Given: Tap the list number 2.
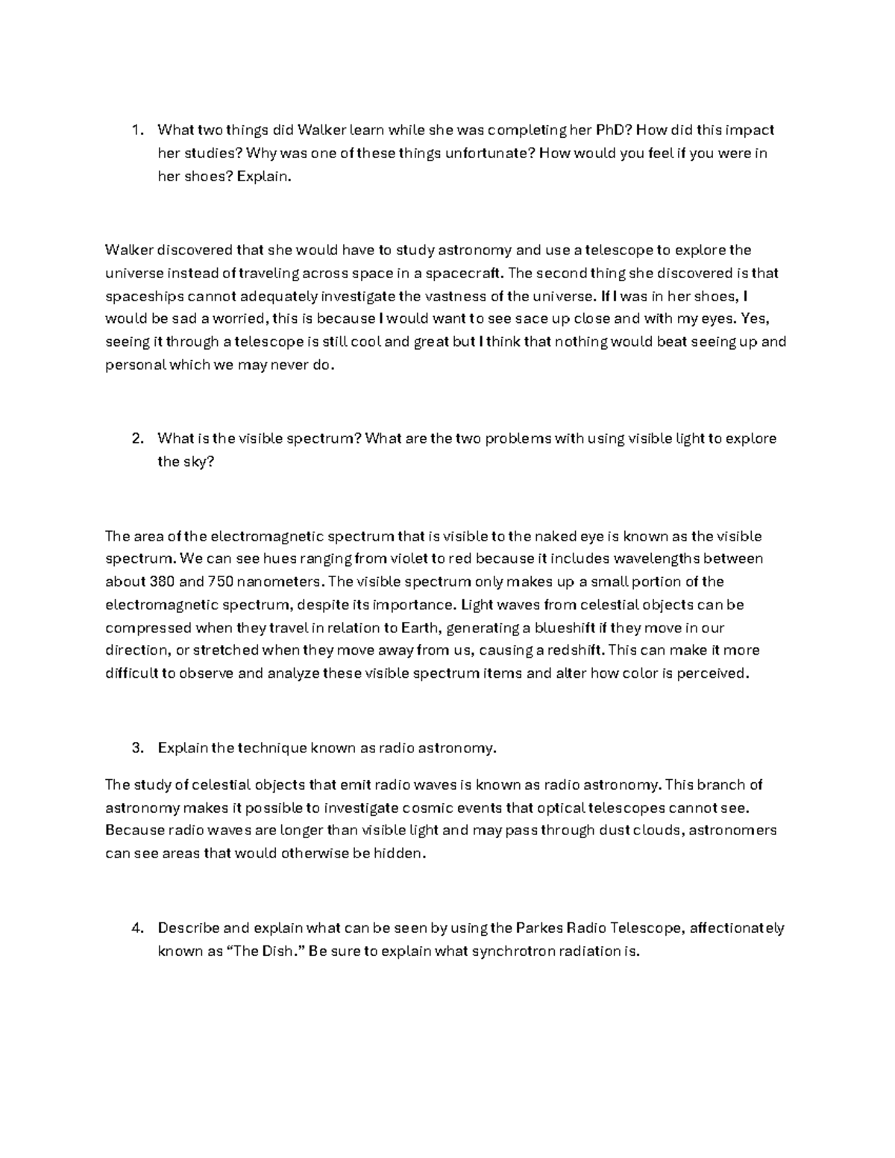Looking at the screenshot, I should pyautogui.click(x=136, y=438).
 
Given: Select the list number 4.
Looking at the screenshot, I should pyautogui.click(x=136, y=928).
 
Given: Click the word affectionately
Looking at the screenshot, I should pyautogui.click(x=737, y=928).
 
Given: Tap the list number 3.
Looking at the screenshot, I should pyautogui.click(x=136, y=748).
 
